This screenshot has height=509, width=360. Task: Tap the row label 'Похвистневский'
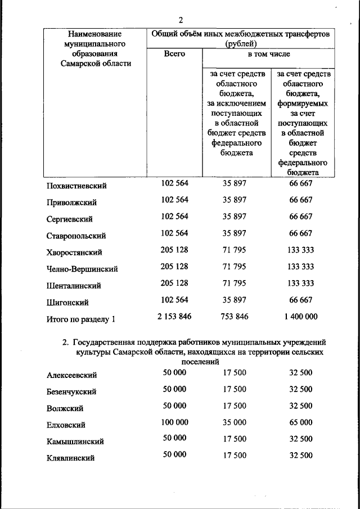(76, 186)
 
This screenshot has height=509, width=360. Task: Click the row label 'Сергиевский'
(70, 219)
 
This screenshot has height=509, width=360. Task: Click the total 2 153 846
(174, 317)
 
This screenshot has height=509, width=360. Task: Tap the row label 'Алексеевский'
(71, 375)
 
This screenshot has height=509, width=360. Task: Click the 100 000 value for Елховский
(174, 421)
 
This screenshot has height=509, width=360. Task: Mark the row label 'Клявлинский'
(70, 458)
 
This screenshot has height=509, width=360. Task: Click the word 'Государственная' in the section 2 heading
(102, 341)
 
